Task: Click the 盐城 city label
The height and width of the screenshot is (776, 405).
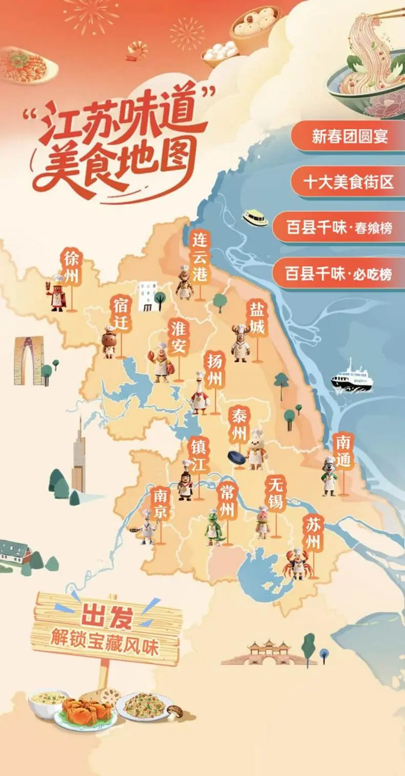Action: pyautogui.click(x=256, y=318)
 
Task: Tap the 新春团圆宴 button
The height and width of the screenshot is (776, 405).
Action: pyautogui.click(x=350, y=137)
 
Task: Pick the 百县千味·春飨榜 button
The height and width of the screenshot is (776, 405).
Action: pyautogui.click(x=339, y=227)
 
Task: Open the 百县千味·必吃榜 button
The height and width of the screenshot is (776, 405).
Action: pyautogui.click(x=339, y=274)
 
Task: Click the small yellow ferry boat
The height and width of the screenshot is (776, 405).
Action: pyautogui.click(x=255, y=218)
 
